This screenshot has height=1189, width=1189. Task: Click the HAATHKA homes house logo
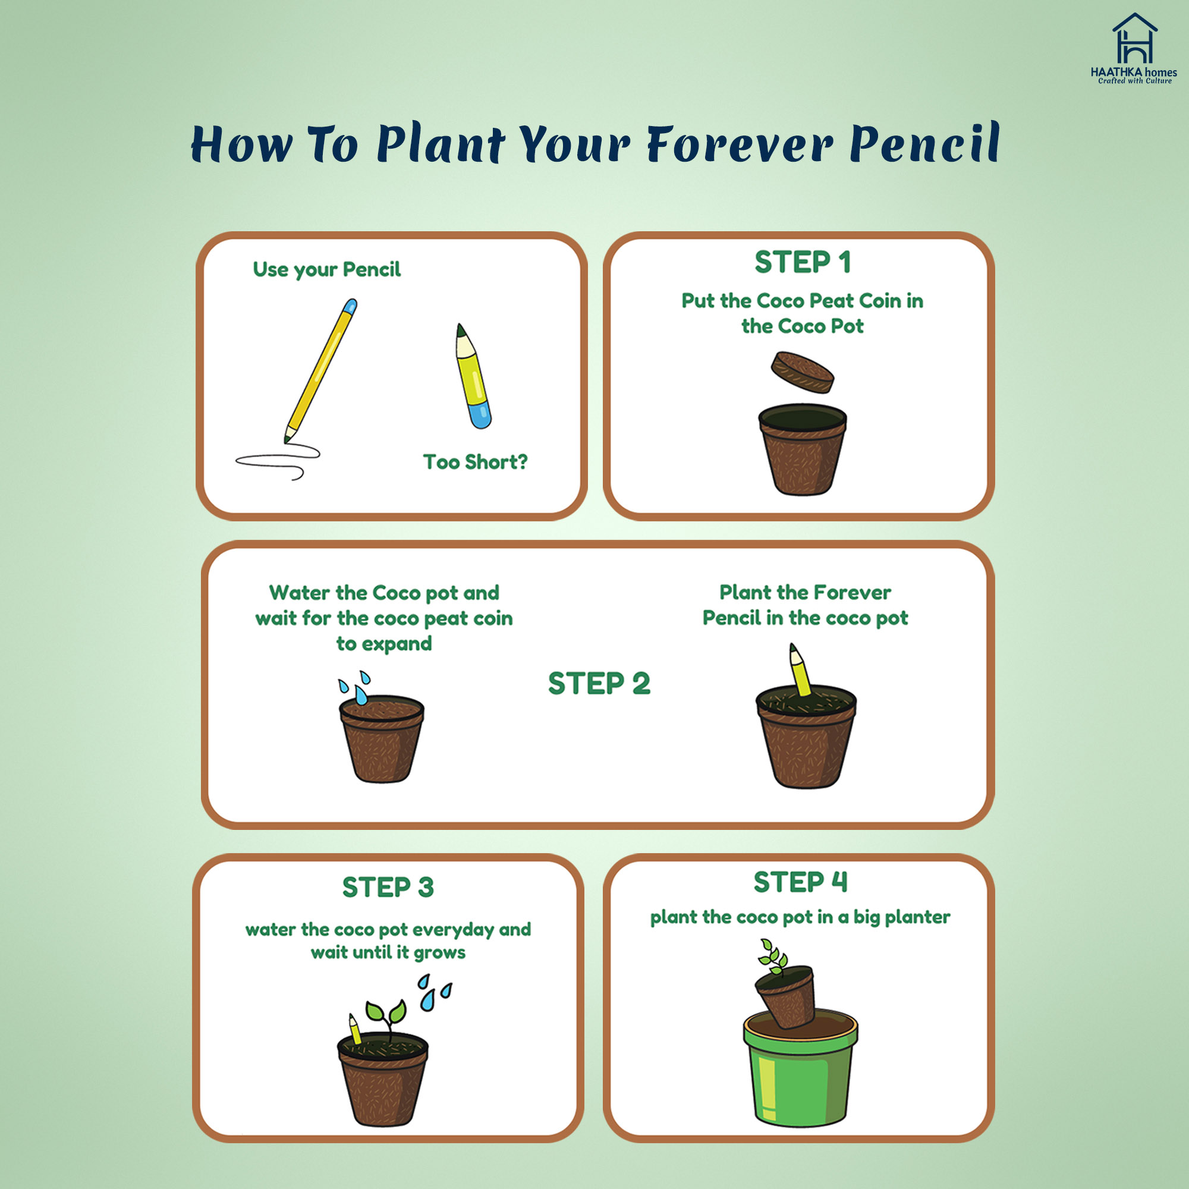click(x=1134, y=48)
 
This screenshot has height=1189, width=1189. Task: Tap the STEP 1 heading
click(x=803, y=262)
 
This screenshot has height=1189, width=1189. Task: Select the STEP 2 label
click(x=599, y=684)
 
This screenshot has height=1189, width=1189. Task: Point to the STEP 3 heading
click(x=388, y=888)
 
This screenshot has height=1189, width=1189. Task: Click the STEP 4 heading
click(x=801, y=882)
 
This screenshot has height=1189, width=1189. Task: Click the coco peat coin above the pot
click(x=803, y=372)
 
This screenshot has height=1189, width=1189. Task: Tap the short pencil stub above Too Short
click(x=473, y=376)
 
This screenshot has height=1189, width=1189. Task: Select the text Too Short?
click(x=475, y=461)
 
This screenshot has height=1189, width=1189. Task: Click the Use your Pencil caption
click(x=327, y=269)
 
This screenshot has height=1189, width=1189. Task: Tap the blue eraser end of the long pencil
click(x=350, y=307)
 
